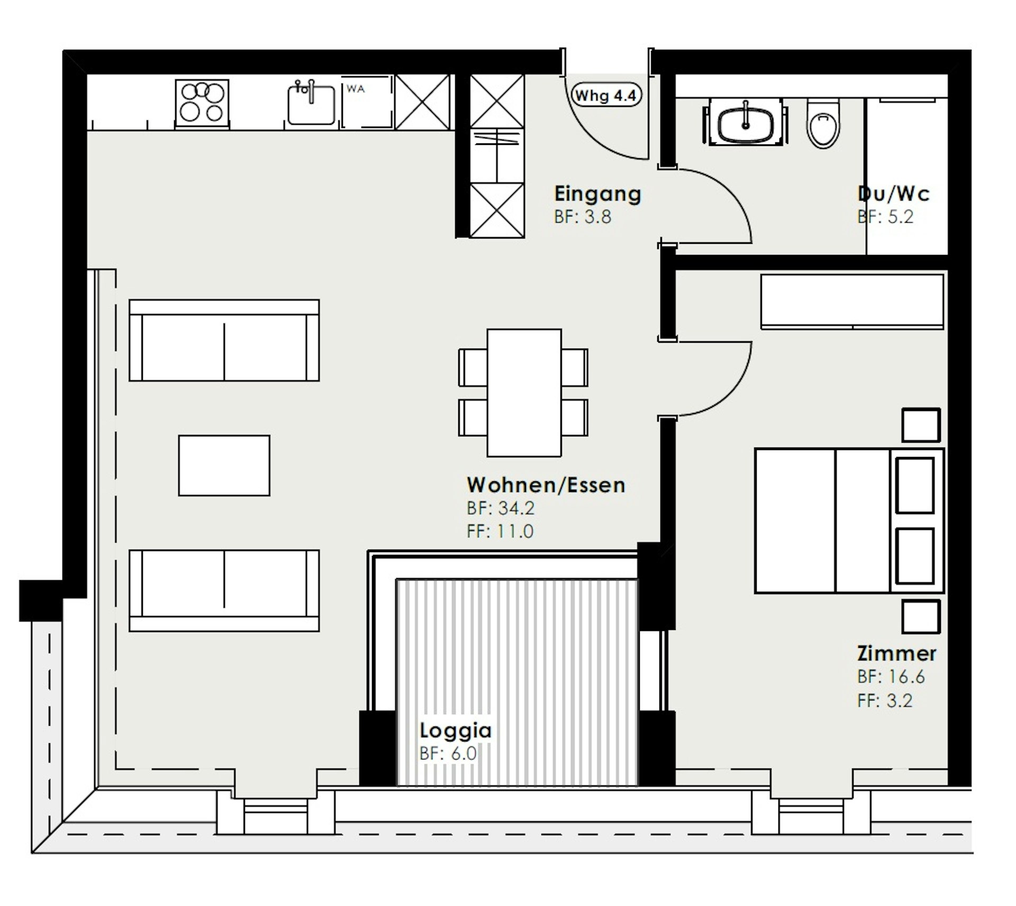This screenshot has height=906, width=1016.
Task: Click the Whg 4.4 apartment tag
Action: click(606, 96)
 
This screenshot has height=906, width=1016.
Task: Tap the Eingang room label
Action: click(597, 194)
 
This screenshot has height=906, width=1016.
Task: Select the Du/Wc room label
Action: click(893, 194)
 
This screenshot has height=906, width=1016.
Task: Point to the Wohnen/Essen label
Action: click(546, 484)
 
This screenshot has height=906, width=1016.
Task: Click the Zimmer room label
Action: click(896, 653)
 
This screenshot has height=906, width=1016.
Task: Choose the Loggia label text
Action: click(456, 730)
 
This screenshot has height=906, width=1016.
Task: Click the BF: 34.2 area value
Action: click(501, 508)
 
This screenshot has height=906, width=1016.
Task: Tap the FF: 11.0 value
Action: click(500, 531)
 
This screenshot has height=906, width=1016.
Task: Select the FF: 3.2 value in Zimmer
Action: click(885, 701)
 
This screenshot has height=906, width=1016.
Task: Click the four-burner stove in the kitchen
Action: click(202, 104)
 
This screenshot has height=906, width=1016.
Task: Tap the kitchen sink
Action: click(312, 104)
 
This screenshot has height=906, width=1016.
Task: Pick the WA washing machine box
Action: click(367, 103)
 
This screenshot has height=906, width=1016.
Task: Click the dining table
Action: click(524, 392)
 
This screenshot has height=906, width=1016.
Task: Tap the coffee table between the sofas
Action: click(224, 465)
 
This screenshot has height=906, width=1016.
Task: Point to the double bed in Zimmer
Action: click(849, 521)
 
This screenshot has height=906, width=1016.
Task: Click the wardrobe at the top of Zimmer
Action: click(852, 301)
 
